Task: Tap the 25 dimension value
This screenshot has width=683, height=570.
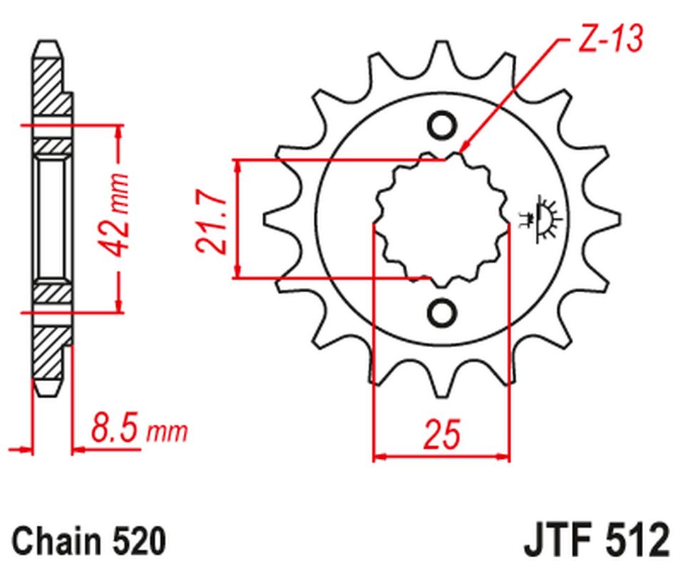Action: [x=441, y=434]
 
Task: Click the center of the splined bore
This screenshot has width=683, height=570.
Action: [x=441, y=219]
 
